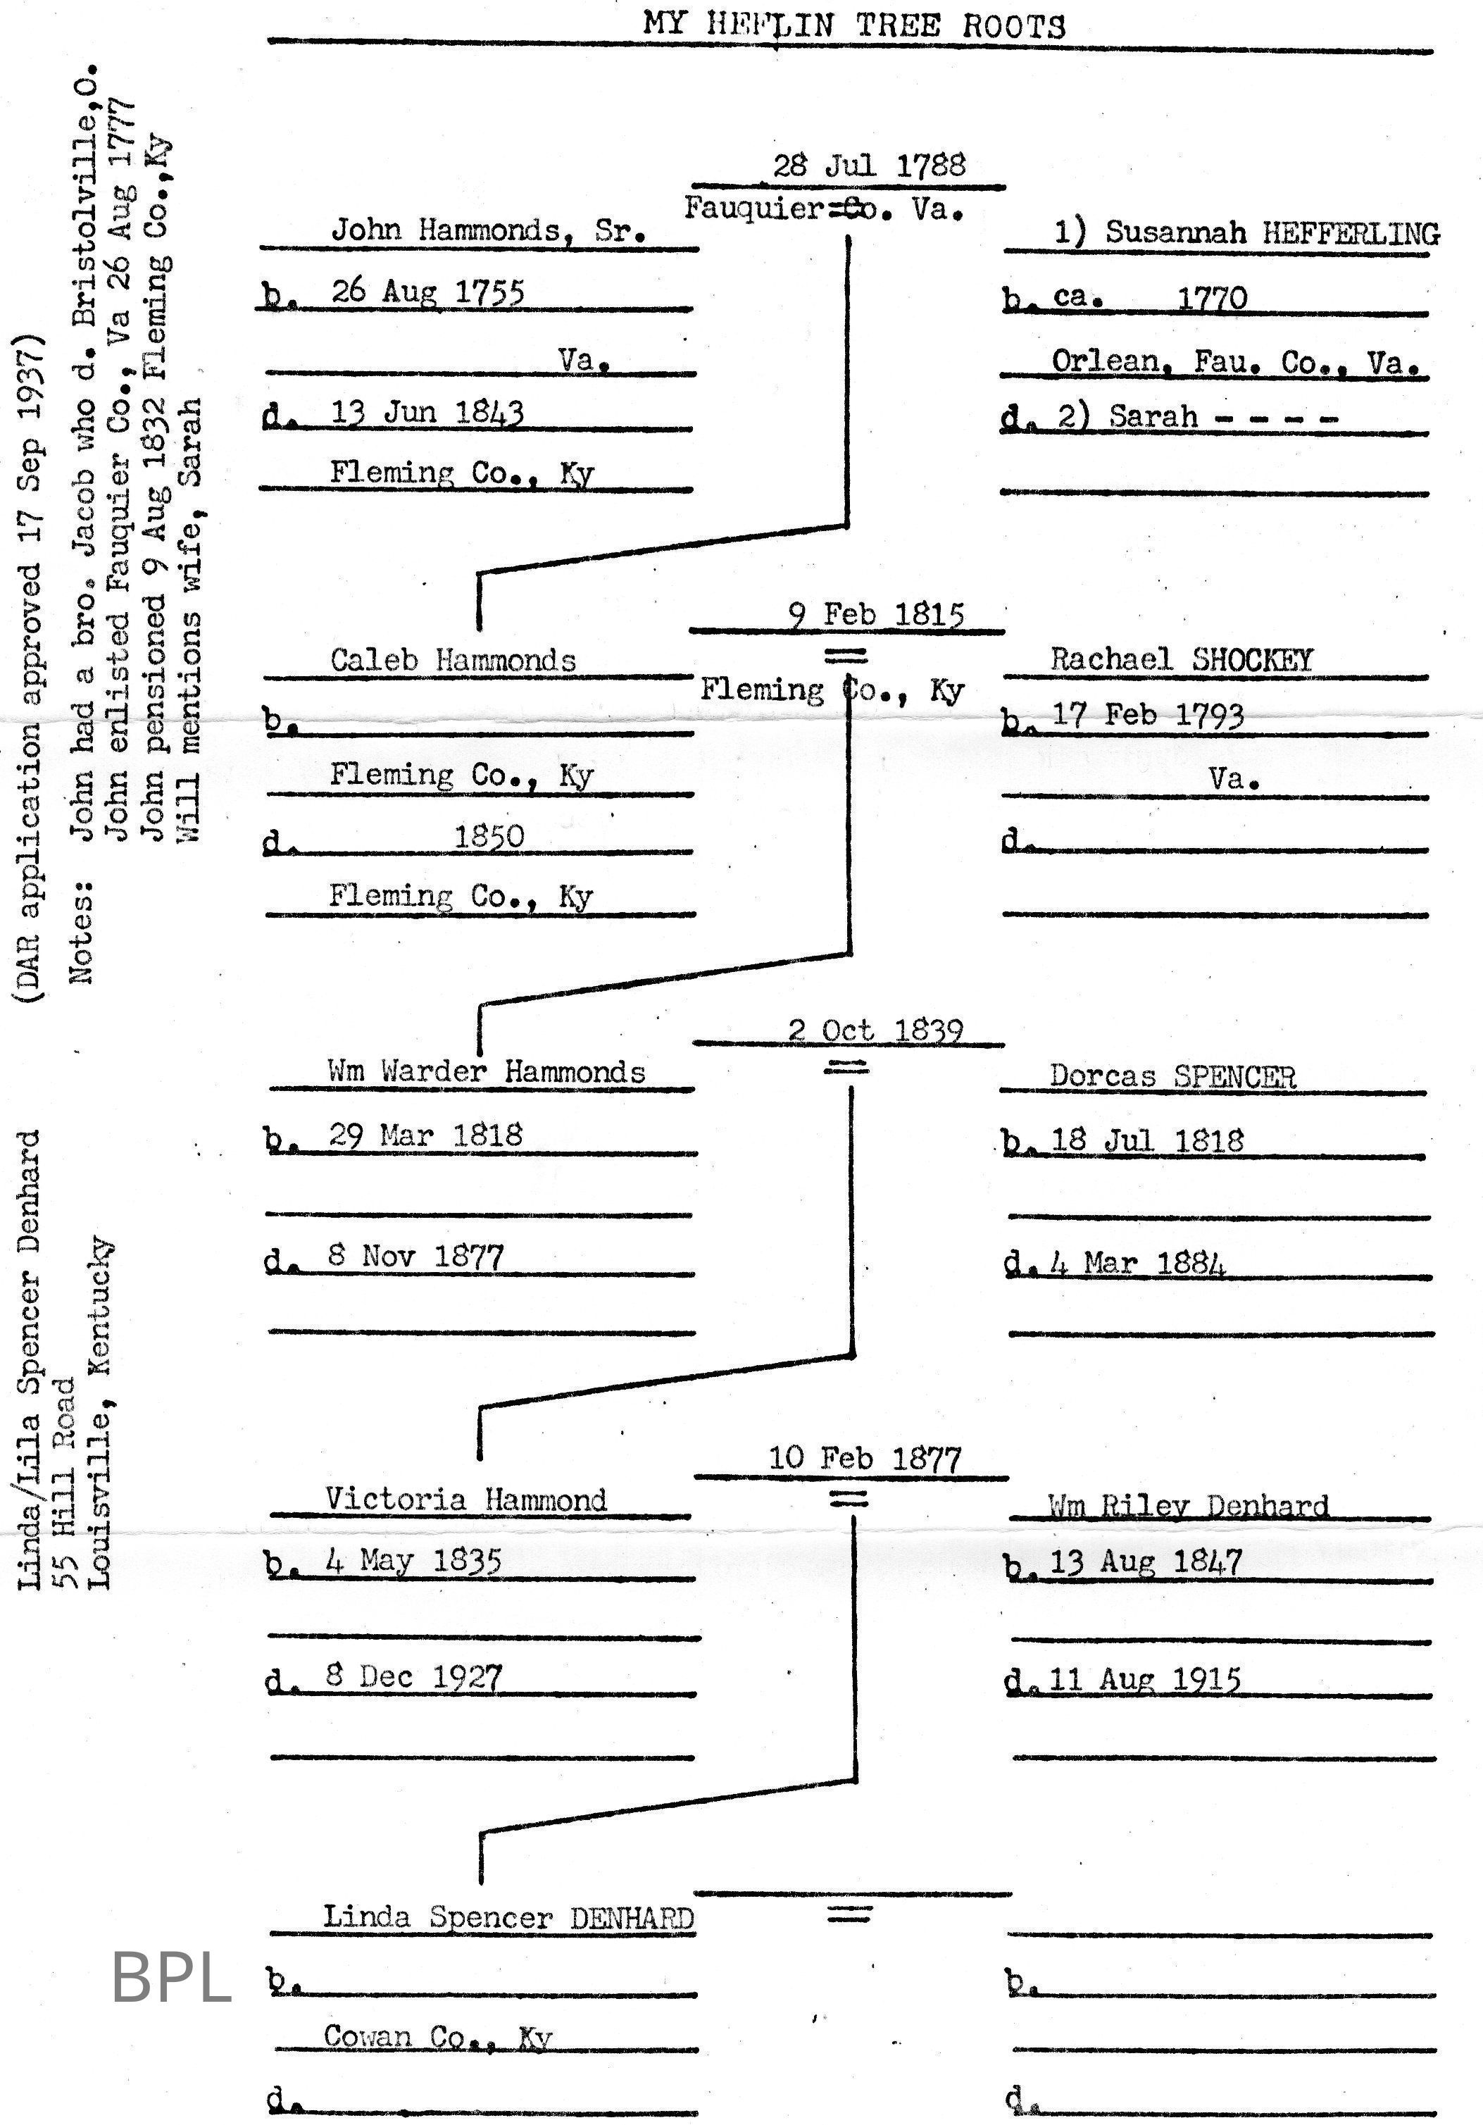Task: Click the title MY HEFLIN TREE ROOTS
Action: pyautogui.click(x=854, y=24)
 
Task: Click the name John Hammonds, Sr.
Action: pyautogui.click(x=489, y=230)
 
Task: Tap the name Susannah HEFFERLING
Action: pyautogui.click(x=1246, y=232)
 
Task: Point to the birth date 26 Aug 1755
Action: pyautogui.click(x=427, y=292)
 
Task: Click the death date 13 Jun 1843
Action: pyautogui.click(x=427, y=413)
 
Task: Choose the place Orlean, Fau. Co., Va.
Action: pyautogui.click(x=1235, y=362)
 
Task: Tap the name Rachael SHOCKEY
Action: pyautogui.click(x=1182, y=660)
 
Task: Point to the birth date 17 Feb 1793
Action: pyautogui.click(x=1147, y=716)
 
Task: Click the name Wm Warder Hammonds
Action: pyautogui.click(x=487, y=1072)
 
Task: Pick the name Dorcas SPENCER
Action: pyautogui.click(x=1172, y=1076)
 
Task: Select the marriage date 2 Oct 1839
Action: pyautogui.click(x=875, y=1030)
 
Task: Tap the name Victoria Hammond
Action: pyautogui.click(x=465, y=1500)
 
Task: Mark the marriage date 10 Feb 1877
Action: pyautogui.click(x=865, y=1459)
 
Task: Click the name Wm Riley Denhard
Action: pyautogui.click(x=1188, y=1506)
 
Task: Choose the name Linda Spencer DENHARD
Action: pyautogui.click(x=508, y=1917)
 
